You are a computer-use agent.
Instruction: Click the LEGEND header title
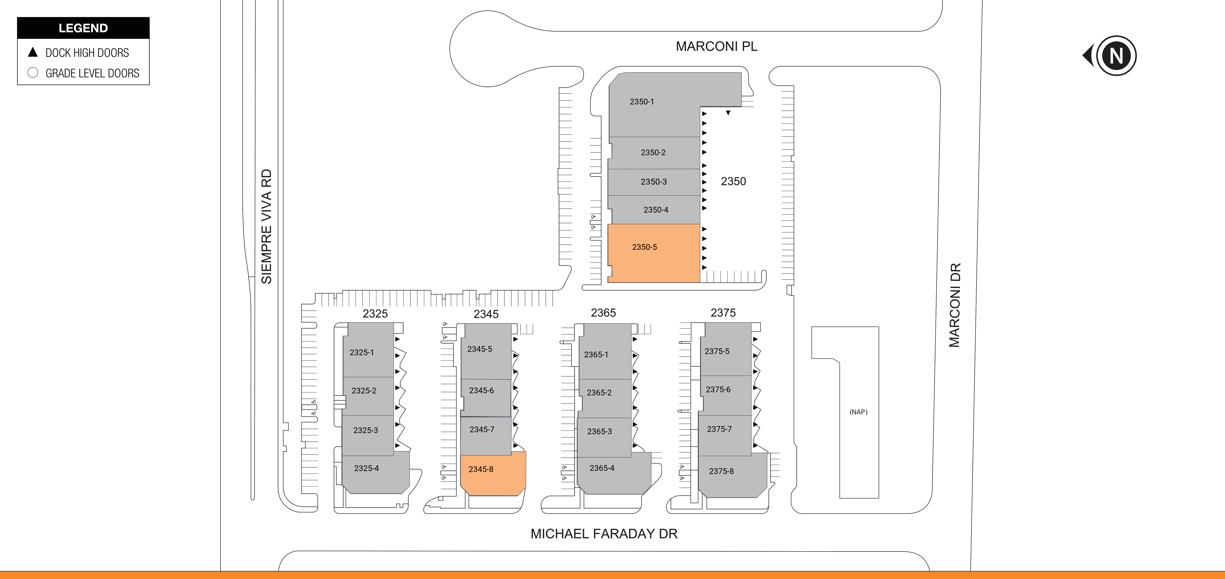[x=83, y=28]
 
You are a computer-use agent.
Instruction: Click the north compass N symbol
[x=1116, y=56]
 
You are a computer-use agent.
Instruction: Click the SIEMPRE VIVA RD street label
[x=266, y=227]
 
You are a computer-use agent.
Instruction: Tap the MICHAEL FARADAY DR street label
[x=604, y=534]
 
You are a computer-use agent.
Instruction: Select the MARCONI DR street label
[x=954, y=305]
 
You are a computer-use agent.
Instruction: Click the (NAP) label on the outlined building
[x=858, y=412]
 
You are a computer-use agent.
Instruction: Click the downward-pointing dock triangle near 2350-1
[x=728, y=113]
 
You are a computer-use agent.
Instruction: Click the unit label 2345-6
[x=481, y=390]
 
